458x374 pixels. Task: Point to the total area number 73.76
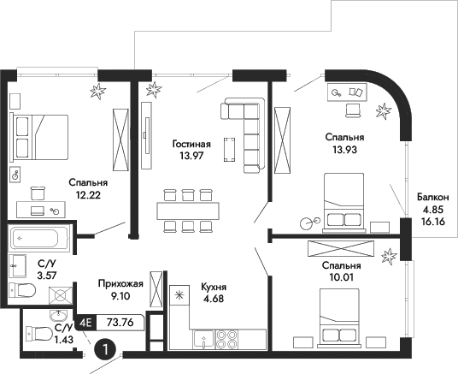pos(120,323)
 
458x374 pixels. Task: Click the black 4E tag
pos(86,323)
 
